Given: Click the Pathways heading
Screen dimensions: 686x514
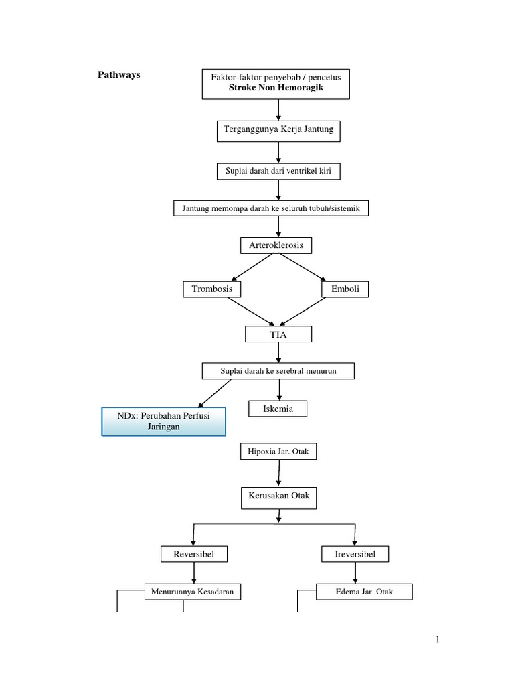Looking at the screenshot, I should pyautogui.click(x=120, y=75).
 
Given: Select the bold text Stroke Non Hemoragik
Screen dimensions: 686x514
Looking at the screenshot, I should pyautogui.click(x=276, y=88).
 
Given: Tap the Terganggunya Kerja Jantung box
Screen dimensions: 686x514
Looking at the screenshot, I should pyautogui.click(x=278, y=130).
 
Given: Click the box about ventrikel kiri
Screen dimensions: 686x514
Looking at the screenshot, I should pyautogui.click(x=278, y=171).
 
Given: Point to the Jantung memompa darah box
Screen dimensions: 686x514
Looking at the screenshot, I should pyautogui.click(x=271, y=208).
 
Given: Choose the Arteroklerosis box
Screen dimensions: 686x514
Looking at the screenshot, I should pyautogui.click(x=276, y=245).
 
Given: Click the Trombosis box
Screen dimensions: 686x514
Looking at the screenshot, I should pyautogui.click(x=212, y=289).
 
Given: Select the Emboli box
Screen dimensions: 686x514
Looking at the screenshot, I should pyautogui.click(x=345, y=289).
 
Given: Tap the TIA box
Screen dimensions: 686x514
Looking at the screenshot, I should pyautogui.click(x=278, y=334).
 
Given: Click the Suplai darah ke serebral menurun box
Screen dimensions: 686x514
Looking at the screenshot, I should pyautogui.click(x=278, y=370).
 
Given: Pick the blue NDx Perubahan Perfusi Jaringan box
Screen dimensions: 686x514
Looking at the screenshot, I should pyautogui.click(x=164, y=421).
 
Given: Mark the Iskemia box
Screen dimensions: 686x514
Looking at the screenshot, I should pyautogui.click(x=278, y=408).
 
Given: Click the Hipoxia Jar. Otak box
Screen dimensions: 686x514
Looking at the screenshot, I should pyautogui.click(x=278, y=452).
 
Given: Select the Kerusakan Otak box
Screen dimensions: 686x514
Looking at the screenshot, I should pyautogui.click(x=278, y=498).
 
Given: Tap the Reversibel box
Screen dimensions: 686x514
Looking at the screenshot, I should pyautogui.click(x=194, y=554).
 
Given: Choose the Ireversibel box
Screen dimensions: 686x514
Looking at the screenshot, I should pyautogui.click(x=355, y=554).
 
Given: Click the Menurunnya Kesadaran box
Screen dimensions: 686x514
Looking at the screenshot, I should pyautogui.click(x=193, y=592).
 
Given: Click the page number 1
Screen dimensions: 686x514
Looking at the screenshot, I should pyautogui.click(x=438, y=640).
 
